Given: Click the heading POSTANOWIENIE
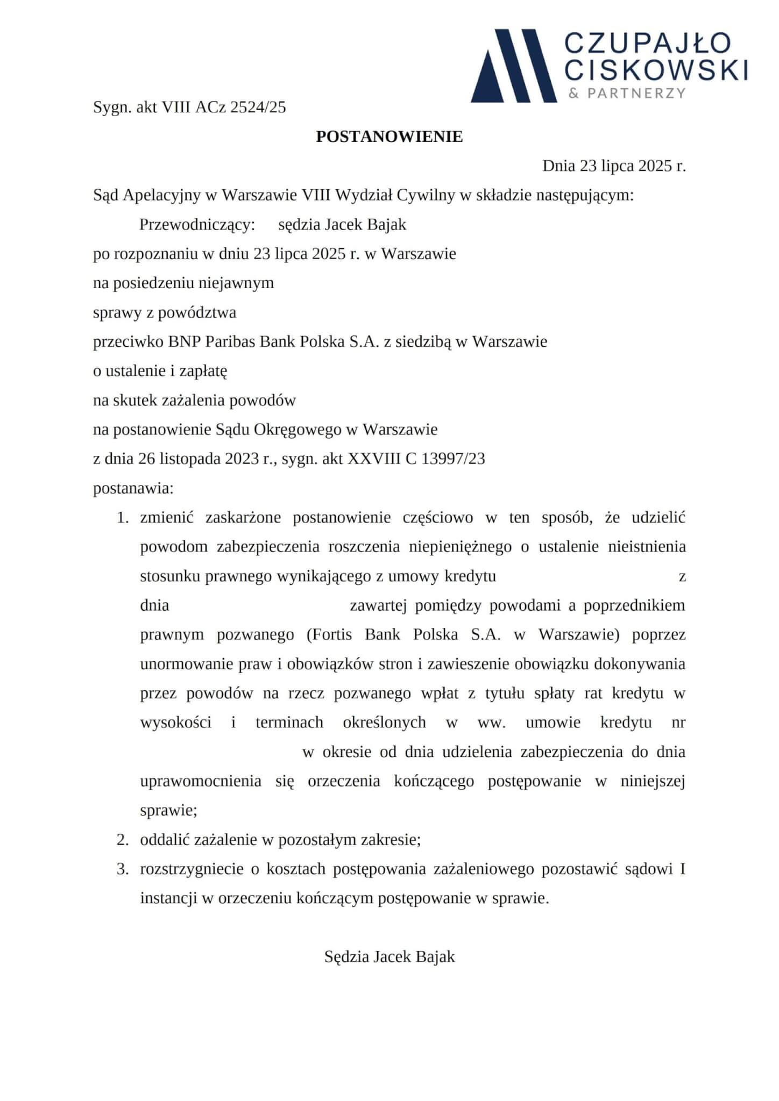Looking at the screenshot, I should pos(389,137).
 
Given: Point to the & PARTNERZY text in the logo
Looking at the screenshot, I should pos(627,93).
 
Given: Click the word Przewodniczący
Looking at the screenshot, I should pos(197,224).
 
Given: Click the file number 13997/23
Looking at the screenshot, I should pos(453,459).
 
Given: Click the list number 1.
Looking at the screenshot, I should pos(123,518).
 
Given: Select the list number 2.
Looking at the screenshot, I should pos(123,839).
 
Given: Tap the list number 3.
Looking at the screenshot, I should pos(123,869).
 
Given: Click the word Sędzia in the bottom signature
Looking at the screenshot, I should pos(346,956).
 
